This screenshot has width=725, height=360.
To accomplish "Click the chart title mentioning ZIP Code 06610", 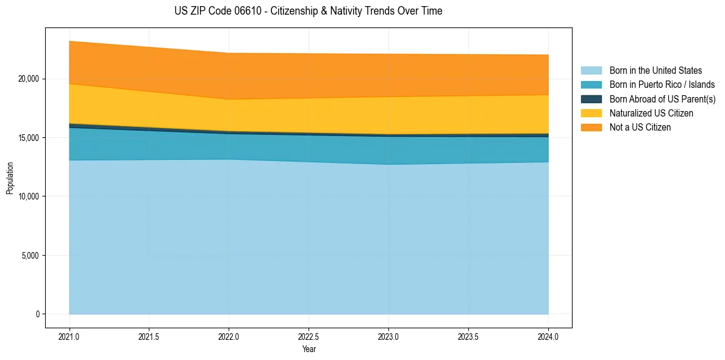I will (308, 11).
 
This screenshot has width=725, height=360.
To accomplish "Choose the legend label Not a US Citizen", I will (640, 128).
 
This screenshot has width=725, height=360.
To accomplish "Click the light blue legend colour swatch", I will (591, 71).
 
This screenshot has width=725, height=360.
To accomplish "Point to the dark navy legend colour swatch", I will (591, 99).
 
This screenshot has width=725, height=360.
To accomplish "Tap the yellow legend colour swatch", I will (591, 113).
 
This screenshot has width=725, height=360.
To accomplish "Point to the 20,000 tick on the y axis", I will (28, 79).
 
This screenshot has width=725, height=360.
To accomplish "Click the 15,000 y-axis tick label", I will (28, 138).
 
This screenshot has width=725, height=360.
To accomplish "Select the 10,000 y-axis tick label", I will (28, 196).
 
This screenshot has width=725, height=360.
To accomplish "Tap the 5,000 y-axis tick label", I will (30, 255).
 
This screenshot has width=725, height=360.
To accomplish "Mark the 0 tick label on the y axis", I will (37, 314).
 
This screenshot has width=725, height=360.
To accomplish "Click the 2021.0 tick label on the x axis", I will (70, 336).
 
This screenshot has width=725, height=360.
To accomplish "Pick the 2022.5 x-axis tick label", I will (309, 336).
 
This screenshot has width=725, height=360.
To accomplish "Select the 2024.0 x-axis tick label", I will (548, 336).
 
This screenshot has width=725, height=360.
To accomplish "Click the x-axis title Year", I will (309, 349).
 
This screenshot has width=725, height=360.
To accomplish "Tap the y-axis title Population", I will (10, 178).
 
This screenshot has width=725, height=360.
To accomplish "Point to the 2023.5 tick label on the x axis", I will (468, 336).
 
